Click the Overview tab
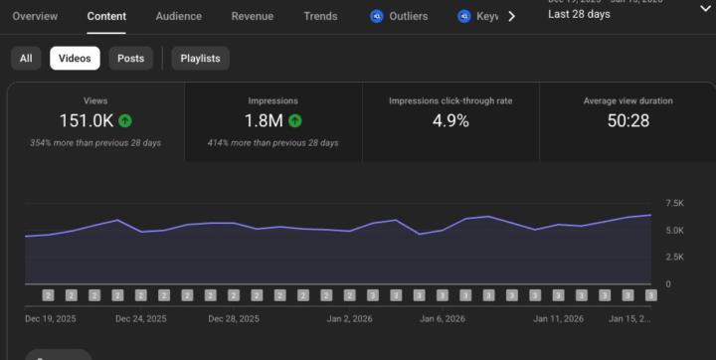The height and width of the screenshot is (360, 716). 35,16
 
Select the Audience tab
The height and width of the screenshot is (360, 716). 178,16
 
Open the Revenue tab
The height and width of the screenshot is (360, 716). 253,16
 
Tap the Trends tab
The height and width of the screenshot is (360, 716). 320,16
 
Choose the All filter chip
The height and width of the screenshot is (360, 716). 26,59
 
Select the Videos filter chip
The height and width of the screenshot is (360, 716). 75,59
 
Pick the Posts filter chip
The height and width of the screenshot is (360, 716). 130,59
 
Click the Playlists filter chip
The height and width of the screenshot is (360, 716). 200,59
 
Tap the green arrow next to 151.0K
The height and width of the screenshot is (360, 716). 124,120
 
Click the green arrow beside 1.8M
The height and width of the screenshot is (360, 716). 295,120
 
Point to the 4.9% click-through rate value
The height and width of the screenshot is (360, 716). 450,120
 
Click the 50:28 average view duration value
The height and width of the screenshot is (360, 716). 627,120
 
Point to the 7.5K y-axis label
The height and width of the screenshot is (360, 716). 674,203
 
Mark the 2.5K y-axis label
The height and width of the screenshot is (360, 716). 674,257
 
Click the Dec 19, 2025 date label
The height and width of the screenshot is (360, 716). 51,319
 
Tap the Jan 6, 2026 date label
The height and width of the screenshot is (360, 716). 443,319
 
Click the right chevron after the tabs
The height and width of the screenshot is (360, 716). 511,16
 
